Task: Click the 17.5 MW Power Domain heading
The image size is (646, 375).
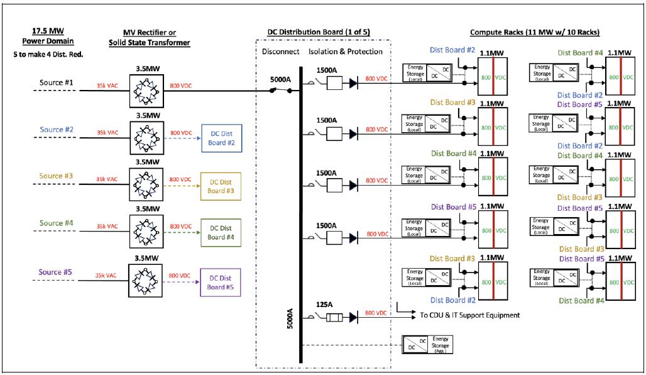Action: pyautogui.click(x=48, y=36)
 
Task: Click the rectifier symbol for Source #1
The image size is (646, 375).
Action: pyautogui.click(x=146, y=91)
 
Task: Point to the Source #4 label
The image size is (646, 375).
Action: pyautogui.click(x=57, y=223)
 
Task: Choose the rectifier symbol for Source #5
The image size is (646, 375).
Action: pyautogui.click(x=145, y=281)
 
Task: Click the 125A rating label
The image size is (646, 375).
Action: pyautogui.click(x=324, y=305)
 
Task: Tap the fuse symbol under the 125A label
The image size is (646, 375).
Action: pyautogui.click(x=334, y=318)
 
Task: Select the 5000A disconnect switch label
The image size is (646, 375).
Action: pyautogui.click(x=280, y=79)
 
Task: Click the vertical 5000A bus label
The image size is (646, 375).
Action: pyautogui.click(x=290, y=318)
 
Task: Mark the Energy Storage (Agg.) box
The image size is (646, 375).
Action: pyautogui.click(x=428, y=344)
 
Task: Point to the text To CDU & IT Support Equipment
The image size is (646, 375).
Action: pyautogui.click(x=469, y=315)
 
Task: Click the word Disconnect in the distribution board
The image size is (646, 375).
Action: pyautogui.click(x=280, y=52)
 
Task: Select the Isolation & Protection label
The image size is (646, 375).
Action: pyautogui.click(x=345, y=52)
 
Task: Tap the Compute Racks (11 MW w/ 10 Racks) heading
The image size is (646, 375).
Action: pyautogui.click(x=535, y=32)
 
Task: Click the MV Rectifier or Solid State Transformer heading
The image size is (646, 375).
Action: pyautogui.click(x=150, y=38)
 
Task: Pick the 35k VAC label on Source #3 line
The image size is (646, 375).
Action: pyautogui.click(x=107, y=179)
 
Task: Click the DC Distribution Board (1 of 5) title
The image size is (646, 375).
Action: pyautogui.click(x=319, y=31)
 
